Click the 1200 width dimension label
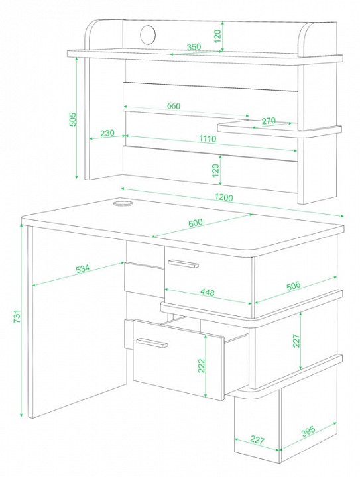(x=223, y=197)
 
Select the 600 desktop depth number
(x=196, y=223)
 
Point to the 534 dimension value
(x=83, y=268)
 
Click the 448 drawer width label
(x=208, y=292)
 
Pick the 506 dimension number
(x=293, y=286)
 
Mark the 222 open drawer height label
(x=201, y=366)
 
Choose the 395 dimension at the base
(x=308, y=431)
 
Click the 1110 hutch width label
(x=208, y=138)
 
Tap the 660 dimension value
(x=174, y=106)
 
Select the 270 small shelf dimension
(x=269, y=121)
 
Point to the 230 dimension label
(x=107, y=133)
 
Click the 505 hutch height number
(x=73, y=119)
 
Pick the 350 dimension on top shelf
(x=194, y=47)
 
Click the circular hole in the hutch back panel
(x=148, y=34)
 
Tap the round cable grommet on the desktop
(x=123, y=203)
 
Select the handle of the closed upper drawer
(x=183, y=264)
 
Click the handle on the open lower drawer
(x=152, y=343)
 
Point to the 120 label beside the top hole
(x=217, y=36)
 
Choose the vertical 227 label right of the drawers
(x=296, y=341)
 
